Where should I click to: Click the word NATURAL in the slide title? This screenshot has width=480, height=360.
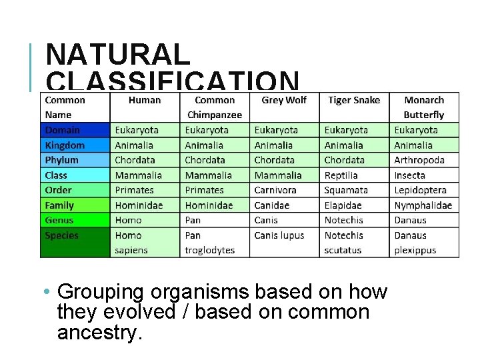119,55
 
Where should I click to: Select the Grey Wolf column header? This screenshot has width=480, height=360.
284,100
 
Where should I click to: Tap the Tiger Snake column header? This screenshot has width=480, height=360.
353,100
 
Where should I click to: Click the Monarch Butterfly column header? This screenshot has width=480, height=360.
424,107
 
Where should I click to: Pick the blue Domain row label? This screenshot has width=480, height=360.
63,130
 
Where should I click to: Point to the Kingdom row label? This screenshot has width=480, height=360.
65,145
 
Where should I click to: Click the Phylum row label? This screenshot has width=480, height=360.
62,160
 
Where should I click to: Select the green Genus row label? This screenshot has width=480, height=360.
59,220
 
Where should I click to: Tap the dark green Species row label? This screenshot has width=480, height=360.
61,235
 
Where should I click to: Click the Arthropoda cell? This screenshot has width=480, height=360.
419,160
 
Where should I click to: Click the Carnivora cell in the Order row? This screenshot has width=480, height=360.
275,190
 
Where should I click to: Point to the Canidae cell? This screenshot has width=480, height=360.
272,205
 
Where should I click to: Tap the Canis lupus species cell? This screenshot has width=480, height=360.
279,235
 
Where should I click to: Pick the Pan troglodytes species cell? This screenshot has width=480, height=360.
210,243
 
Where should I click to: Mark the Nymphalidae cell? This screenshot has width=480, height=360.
423,205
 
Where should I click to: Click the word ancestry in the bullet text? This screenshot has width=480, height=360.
100,333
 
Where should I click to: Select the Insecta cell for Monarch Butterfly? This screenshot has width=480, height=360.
409,175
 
